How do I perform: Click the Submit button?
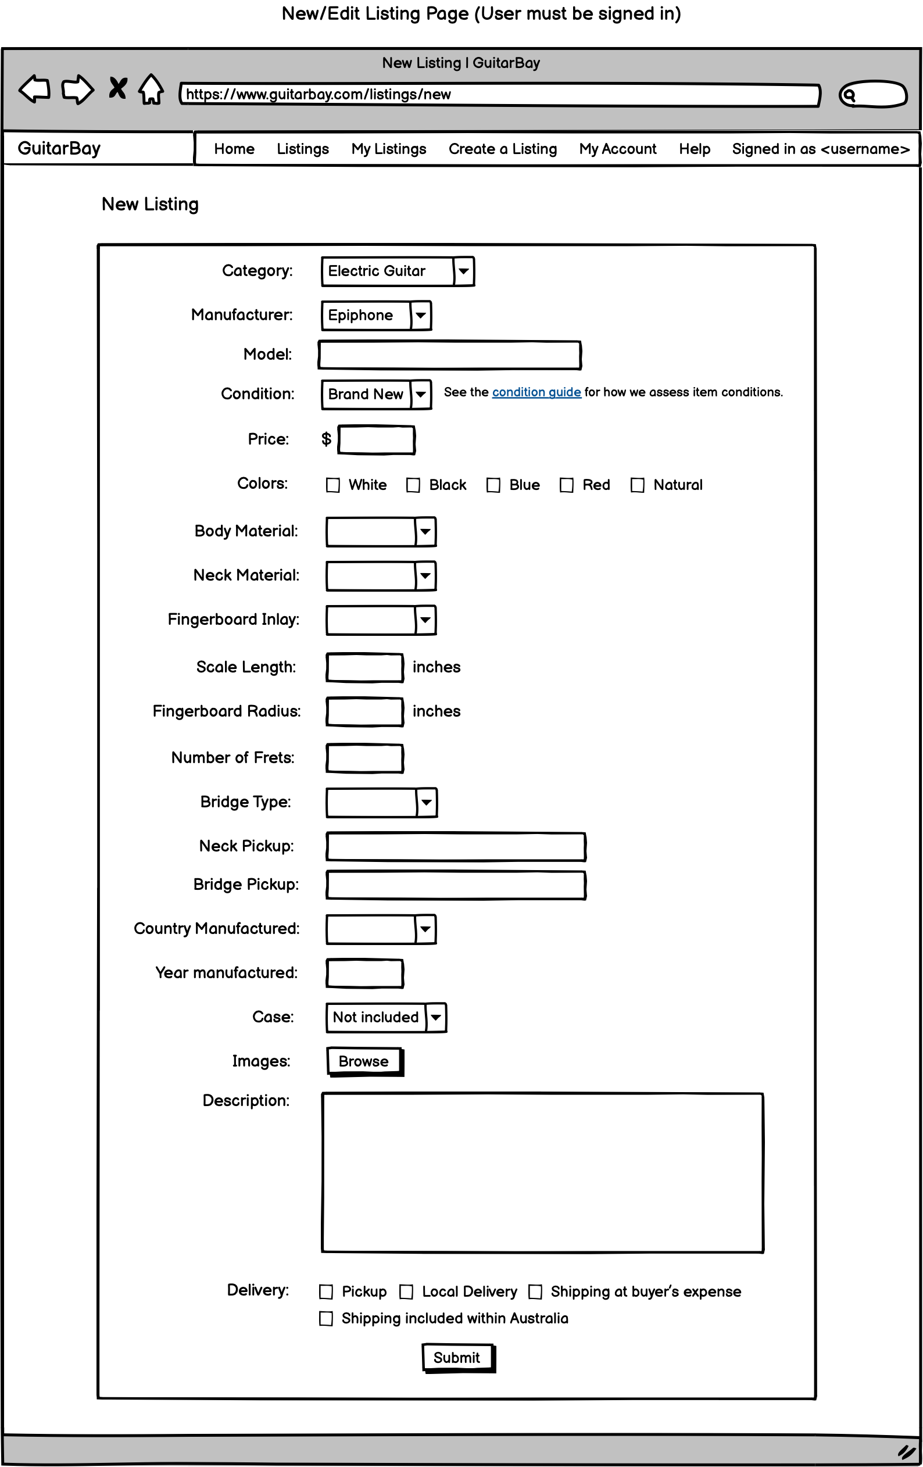click(x=457, y=1357)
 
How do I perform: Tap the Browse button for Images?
click(x=364, y=1061)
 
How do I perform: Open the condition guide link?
click(x=536, y=392)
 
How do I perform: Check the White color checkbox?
click(x=332, y=485)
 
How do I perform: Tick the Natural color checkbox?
click(x=637, y=485)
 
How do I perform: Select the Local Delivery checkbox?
click(x=406, y=1291)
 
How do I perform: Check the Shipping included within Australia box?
click(x=327, y=1318)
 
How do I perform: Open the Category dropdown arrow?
click(x=464, y=271)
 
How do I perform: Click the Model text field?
click(x=450, y=355)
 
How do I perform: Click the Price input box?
click(x=377, y=439)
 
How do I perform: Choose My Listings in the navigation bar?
click(x=389, y=149)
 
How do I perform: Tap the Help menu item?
click(x=695, y=149)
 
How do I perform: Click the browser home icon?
click(x=151, y=90)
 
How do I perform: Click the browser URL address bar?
click(x=500, y=94)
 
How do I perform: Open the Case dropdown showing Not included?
click(x=435, y=1017)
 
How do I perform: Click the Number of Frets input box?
click(x=364, y=758)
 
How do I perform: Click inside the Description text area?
click(x=542, y=1173)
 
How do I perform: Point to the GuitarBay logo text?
click(x=59, y=149)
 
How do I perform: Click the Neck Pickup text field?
click(x=456, y=847)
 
